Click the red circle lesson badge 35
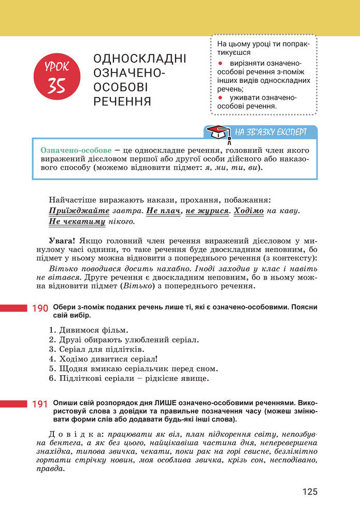57,78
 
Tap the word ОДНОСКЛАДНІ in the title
139,58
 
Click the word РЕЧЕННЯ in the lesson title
122,101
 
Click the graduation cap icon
218,133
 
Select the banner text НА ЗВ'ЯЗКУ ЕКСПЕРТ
270,132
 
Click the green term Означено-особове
76,150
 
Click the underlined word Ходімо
249,211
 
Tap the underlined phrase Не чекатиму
77,222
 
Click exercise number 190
40,308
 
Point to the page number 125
310,492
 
